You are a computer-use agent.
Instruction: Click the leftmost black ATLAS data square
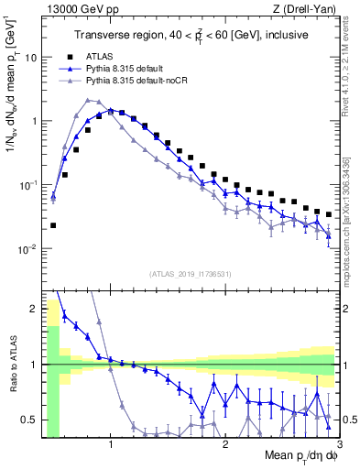click(x=53, y=225)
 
